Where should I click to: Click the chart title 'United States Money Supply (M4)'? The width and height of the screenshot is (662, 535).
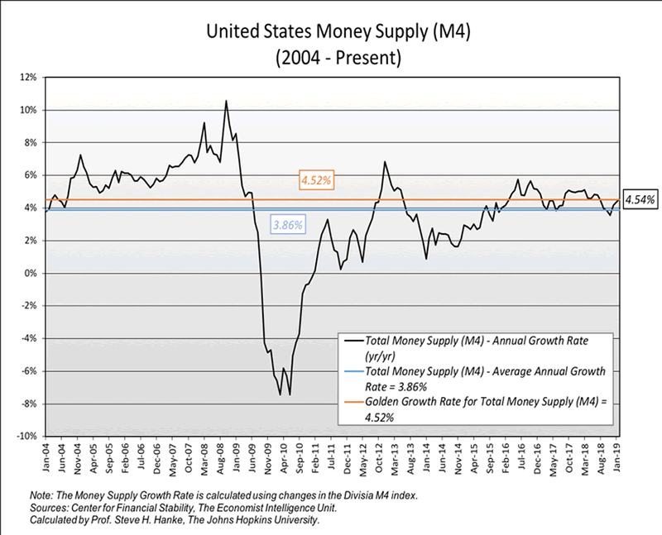point(331,33)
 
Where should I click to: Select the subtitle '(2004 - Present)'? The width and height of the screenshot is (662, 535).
point(331,60)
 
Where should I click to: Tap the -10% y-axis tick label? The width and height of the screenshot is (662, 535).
point(26,436)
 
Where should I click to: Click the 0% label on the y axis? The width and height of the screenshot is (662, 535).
point(31,273)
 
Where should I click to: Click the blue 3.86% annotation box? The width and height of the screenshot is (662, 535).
point(287,224)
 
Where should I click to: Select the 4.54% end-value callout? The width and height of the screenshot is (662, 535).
point(639,199)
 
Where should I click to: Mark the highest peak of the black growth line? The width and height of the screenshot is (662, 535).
point(226,101)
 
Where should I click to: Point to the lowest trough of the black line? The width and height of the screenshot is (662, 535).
point(290,394)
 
